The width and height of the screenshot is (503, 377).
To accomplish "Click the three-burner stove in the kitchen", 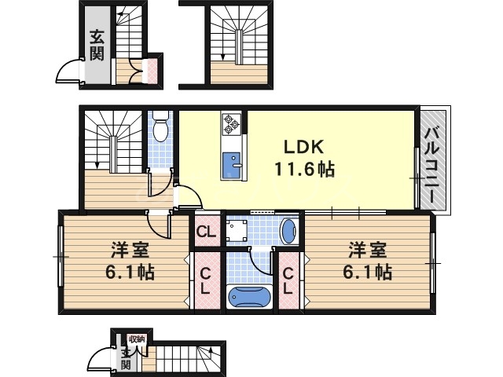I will pos(232,123).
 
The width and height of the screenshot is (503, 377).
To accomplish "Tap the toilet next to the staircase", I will pos(160,126).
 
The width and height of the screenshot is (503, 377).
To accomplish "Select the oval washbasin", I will pos(288,232).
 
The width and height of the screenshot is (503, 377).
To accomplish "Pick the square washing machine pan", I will pos(237,232).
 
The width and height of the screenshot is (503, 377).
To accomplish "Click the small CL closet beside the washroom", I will pos(207,232).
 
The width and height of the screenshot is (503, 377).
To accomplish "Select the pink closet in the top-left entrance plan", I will pos(145,72).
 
